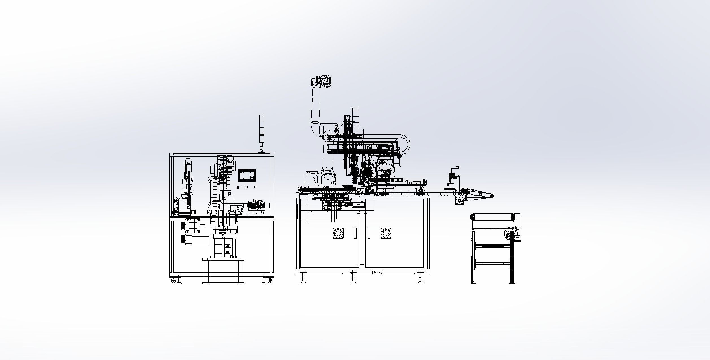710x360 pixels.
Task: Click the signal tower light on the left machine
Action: [261, 128]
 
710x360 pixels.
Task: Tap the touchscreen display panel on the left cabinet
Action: [247, 176]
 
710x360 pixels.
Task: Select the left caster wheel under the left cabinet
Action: [173, 280]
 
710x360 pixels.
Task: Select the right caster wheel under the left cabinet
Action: [270, 280]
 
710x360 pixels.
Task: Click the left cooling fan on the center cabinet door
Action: [337, 233]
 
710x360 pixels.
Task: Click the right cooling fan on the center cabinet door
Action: [385, 233]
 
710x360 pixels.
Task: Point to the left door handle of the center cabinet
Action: [355, 233]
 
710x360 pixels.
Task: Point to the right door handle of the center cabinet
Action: [369, 233]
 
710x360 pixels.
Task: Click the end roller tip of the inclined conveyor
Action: [492, 196]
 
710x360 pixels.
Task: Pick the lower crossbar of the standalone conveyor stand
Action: [492, 263]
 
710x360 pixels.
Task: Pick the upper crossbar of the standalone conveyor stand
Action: [492, 246]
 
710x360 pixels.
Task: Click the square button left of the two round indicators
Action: [238, 187]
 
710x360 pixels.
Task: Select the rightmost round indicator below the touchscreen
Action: [255, 187]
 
